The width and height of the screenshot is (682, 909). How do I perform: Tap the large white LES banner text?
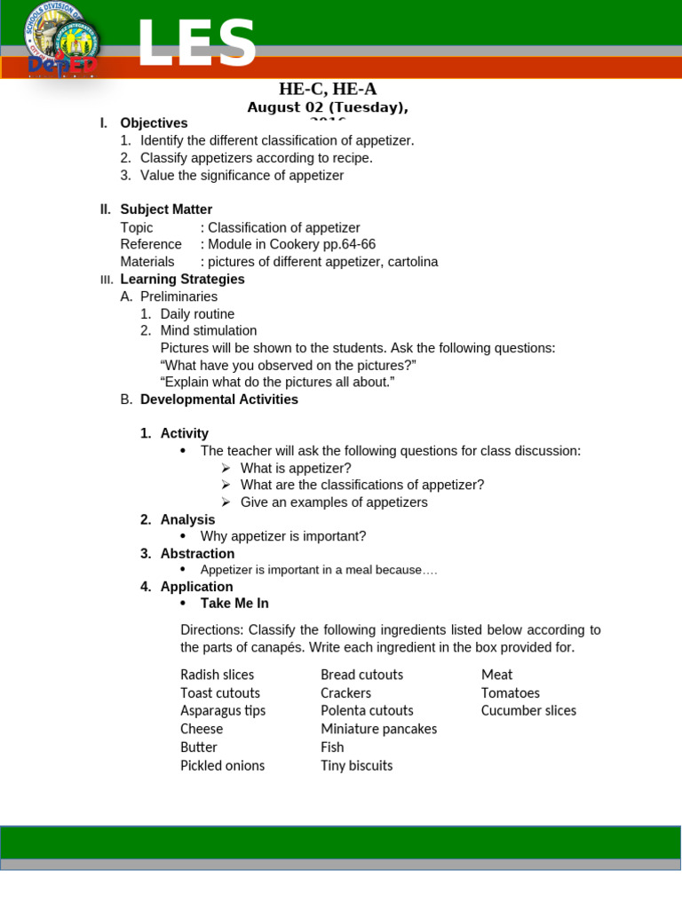(196, 43)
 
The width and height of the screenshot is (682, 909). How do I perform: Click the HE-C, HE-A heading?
(328, 89)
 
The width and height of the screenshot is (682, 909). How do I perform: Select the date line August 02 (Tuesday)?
(328, 107)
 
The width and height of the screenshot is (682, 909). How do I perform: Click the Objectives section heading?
(154, 123)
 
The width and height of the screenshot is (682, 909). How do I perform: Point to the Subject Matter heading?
(166, 209)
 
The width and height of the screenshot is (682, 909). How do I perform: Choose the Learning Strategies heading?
(182, 280)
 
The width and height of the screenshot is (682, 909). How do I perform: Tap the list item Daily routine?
(197, 314)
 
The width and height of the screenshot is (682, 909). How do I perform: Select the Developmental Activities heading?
(218, 399)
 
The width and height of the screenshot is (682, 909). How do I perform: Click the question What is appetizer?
(296, 468)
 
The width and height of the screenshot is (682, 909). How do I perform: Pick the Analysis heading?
(187, 519)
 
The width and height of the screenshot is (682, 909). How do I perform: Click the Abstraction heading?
(197, 554)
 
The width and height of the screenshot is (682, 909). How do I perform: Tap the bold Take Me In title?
(234, 604)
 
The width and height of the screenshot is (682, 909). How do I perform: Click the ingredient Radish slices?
(217, 675)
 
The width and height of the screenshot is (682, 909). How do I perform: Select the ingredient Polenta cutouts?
(367, 711)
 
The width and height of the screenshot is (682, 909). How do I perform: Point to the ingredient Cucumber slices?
(528, 711)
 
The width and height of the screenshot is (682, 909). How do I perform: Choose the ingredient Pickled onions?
(222, 765)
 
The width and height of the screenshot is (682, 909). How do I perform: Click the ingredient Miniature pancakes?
(378, 729)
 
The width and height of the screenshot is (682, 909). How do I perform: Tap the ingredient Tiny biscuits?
(356, 765)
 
